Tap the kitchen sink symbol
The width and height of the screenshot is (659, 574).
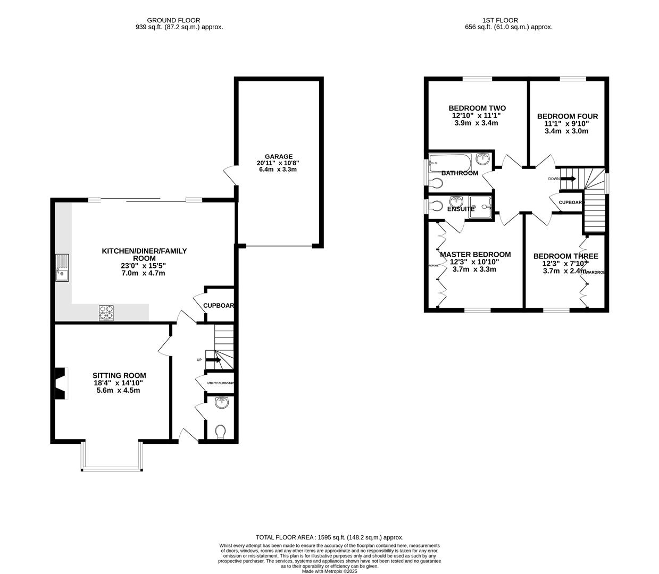[62, 268]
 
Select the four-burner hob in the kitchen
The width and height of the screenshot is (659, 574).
[106, 313]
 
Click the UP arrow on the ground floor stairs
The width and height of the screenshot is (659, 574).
[213, 360]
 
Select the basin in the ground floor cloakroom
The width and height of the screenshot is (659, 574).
[222, 403]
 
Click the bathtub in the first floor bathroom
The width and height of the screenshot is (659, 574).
[450, 161]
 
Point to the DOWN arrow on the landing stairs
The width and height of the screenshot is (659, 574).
[568, 179]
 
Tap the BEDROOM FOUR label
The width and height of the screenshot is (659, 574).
[567, 116]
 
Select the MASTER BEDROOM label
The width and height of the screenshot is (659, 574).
[475, 255]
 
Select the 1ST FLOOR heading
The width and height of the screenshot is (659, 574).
[492, 20]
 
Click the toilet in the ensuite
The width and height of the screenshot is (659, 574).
[435, 206]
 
